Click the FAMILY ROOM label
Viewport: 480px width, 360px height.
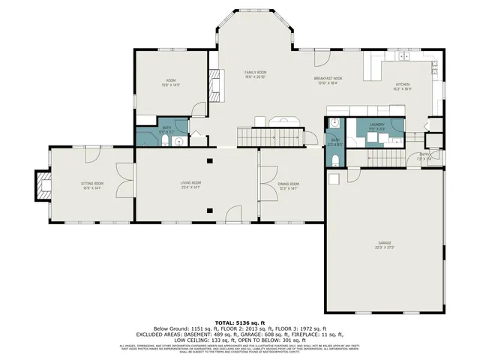[x=256, y=72]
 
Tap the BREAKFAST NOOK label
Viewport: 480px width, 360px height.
[x=328, y=78]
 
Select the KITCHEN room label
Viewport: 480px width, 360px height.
[x=403, y=85]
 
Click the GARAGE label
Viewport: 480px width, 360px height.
[x=385, y=243]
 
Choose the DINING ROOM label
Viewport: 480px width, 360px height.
[x=289, y=183]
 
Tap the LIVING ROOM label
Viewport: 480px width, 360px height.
[x=190, y=183]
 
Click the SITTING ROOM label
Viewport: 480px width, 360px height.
[x=92, y=183]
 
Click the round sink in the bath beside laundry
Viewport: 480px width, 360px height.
[x=337, y=124]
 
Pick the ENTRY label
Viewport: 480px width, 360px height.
[x=425, y=155]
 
